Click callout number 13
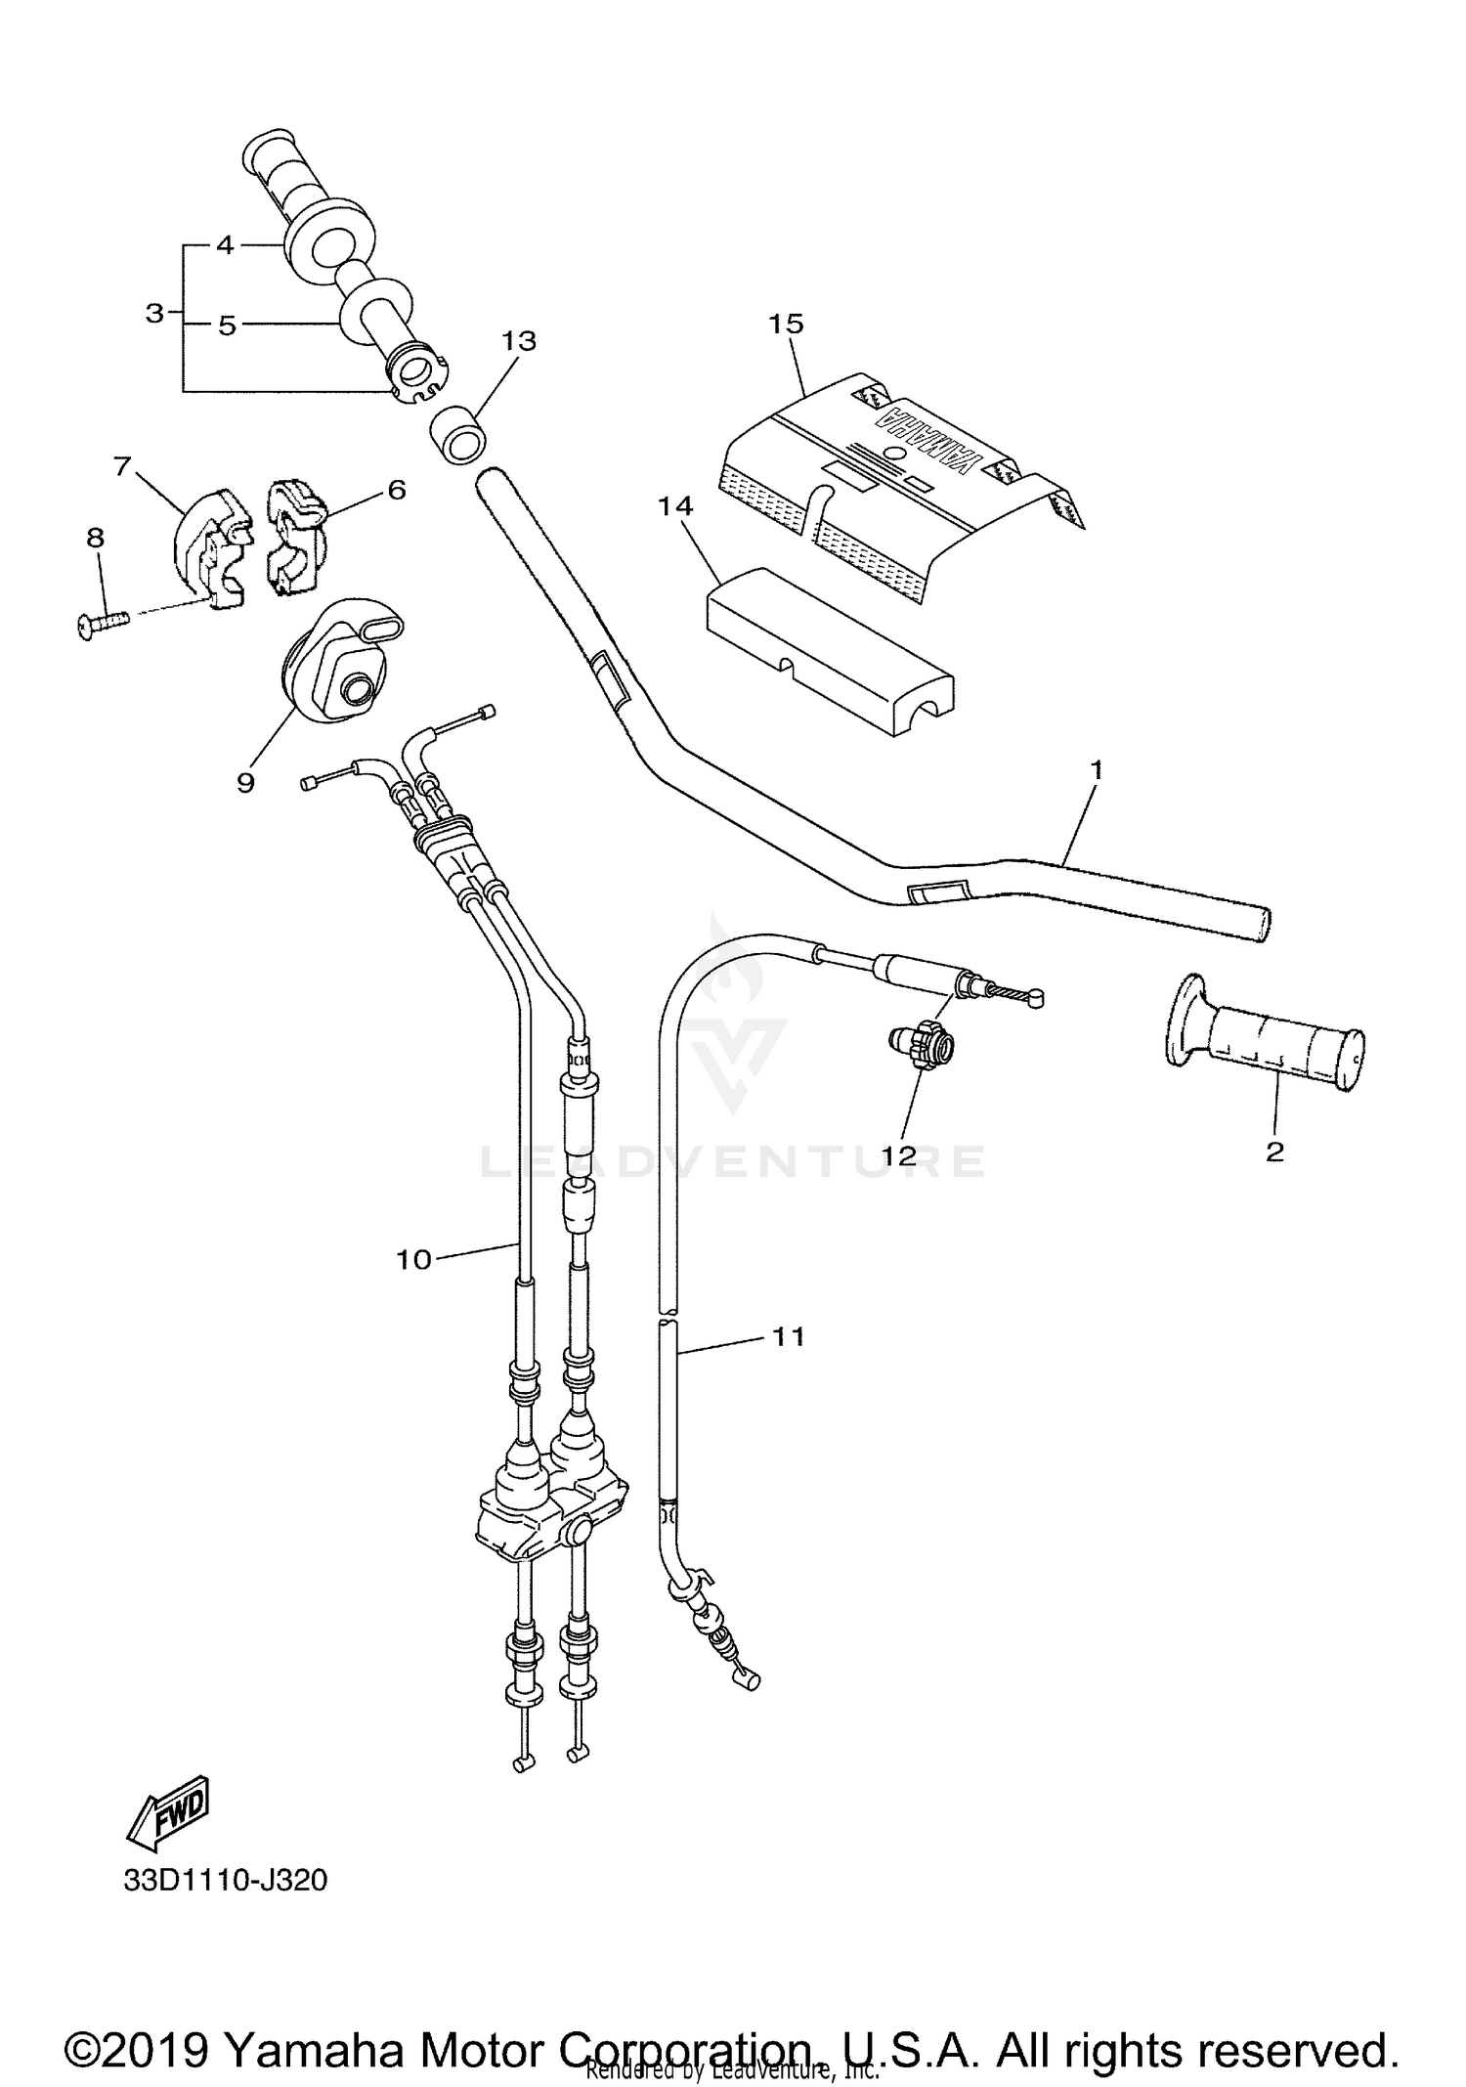pos(519,341)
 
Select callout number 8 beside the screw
pos(95,538)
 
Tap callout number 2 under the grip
pos(1273,1152)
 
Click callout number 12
pos(899,1155)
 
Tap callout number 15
pos(786,324)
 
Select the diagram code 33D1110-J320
pos(226,1880)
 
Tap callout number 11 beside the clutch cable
pos(789,1335)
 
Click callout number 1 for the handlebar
pos(1096,770)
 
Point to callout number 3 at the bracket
pos(154,314)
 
